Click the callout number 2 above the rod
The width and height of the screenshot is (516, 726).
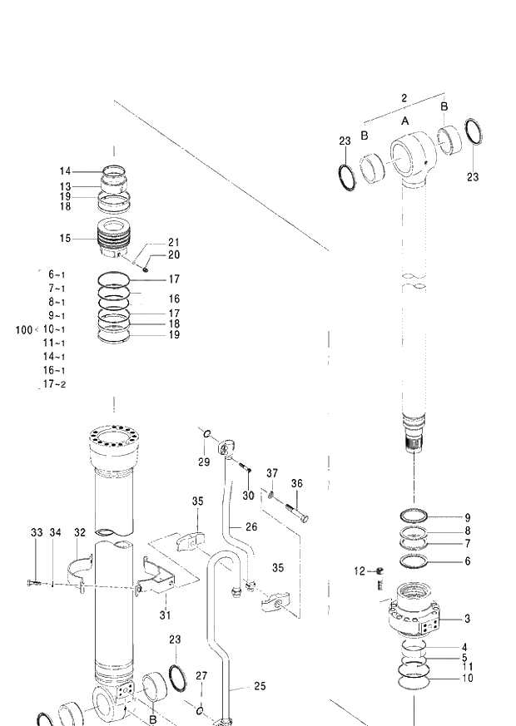[x=404, y=98]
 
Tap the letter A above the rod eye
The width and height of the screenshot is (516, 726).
[x=405, y=121]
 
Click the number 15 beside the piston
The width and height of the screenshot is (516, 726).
[x=65, y=239]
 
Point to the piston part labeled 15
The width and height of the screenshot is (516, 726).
[x=117, y=238]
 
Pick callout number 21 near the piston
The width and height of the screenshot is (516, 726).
[x=173, y=243]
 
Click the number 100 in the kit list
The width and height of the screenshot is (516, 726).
[x=23, y=330]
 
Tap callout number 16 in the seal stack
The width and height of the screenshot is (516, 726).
[x=174, y=299]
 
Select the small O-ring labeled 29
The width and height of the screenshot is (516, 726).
[x=209, y=433]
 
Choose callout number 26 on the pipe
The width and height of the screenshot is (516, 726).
[x=251, y=527]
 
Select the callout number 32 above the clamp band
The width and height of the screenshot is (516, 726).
[x=80, y=532]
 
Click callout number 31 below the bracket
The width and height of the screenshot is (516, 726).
[x=165, y=615]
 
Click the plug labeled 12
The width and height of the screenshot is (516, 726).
[x=379, y=570]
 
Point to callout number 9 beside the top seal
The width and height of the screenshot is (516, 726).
[x=467, y=517]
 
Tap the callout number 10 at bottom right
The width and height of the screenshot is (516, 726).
[x=467, y=678]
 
